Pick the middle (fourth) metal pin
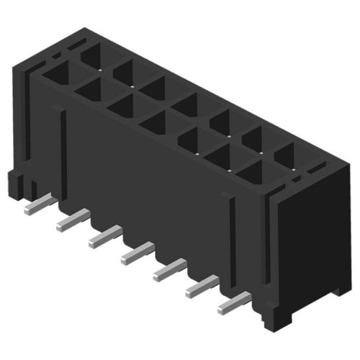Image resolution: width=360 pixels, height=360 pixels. tap(138, 252)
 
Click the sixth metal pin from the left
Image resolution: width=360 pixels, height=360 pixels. tap(202, 288)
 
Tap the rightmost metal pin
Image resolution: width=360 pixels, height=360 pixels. tap(232, 305)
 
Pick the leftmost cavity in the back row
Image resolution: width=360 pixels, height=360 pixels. tap(92, 55)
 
